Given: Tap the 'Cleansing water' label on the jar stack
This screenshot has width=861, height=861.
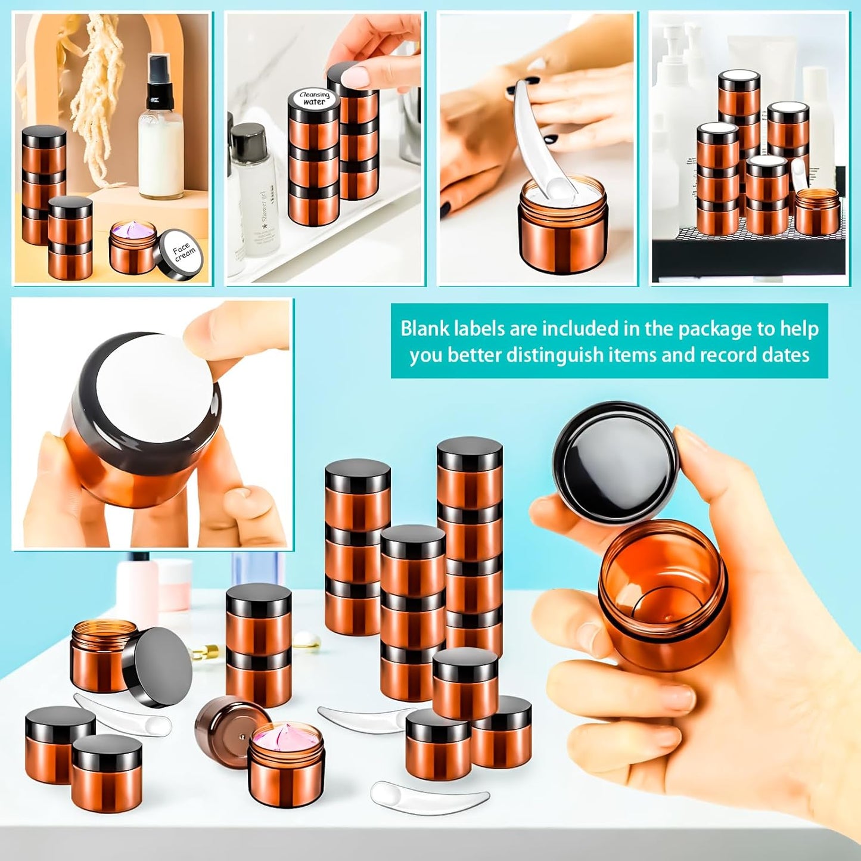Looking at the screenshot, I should click(x=314, y=99).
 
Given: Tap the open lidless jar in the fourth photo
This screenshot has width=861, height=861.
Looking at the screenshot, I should click(x=818, y=212).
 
